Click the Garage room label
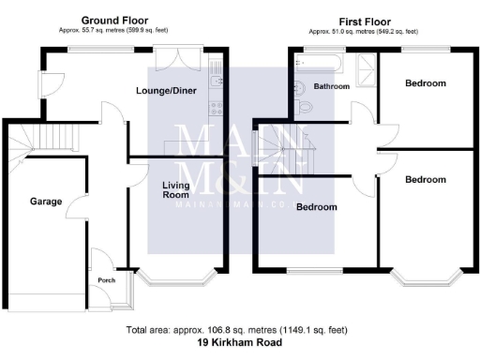click(x=45, y=202)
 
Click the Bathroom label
click(x=331, y=86)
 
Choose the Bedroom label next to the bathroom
click(x=425, y=83)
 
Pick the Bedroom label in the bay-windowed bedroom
click(x=425, y=179)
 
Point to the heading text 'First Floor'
click(x=364, y=20)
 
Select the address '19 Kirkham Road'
click(x=240, y=343)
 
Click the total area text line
click(x=240, y=331)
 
